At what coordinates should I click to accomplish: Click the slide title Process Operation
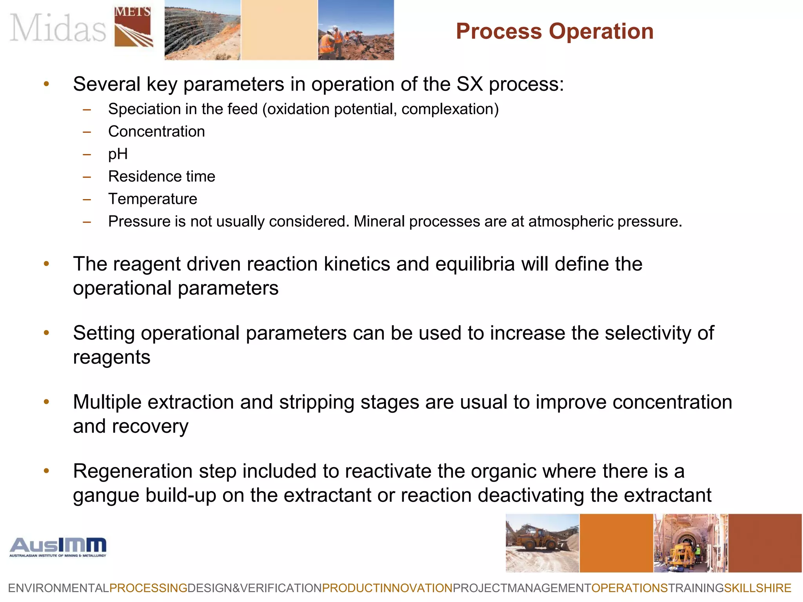point(554,31)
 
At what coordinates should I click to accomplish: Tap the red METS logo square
point(133,27)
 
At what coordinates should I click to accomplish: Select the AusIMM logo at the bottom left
point(58,547)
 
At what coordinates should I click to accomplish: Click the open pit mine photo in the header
point(202,30)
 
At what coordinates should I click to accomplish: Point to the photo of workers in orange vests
point(356,30)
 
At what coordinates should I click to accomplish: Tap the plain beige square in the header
point(279,30)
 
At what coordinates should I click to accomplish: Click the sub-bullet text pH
point(118,154)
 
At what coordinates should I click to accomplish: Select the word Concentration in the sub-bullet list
point(156,132)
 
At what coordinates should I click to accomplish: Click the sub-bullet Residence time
point(162,177)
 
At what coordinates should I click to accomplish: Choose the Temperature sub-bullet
point(153,199)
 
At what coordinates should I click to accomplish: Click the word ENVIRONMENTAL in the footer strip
point(58,588)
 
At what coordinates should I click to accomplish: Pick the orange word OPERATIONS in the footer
point(629,588)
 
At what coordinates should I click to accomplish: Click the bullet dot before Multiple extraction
point(46,402)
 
